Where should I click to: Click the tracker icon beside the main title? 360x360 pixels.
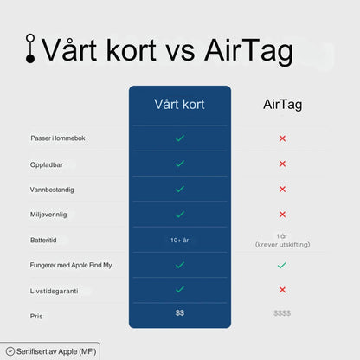[x=31, y=48]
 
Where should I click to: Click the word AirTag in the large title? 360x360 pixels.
[x=248, y=50]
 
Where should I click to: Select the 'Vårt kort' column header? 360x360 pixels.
[x=180, y=105]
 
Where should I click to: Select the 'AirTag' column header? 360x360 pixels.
[x=282, y=105]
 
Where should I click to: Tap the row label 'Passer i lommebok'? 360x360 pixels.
[x=58, y=138]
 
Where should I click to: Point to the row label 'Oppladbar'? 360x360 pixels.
[x=45, y=164]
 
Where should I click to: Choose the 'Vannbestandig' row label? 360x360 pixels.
[x=51, y=189]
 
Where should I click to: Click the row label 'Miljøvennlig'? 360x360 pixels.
[x=48, y=214]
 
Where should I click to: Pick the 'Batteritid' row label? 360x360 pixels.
[x=44, y=240]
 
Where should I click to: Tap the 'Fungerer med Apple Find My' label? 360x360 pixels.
[x=71, y=265]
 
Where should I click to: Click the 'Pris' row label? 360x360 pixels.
[x=36, y=316]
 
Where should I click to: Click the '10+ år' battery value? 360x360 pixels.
[x=180, y=240]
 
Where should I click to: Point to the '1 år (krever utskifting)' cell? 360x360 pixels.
[x=282, y=241]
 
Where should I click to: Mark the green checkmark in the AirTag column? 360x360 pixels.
[x=282, y=265]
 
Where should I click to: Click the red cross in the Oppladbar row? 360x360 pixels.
[x=282, y=164]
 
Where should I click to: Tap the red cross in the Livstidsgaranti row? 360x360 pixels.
[x=282, y=290]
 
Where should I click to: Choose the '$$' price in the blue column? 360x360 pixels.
[x=180, y=312]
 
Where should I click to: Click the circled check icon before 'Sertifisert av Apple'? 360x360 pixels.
[x=10, y=352]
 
